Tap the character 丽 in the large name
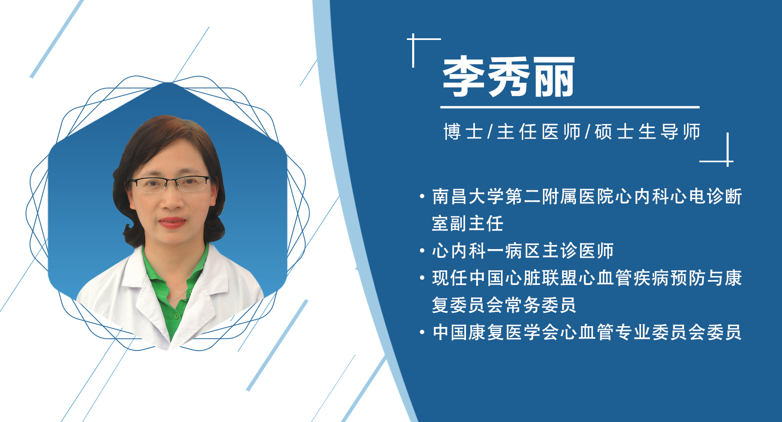click(x=554, y=77)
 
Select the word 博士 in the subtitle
click(x=463, y=132)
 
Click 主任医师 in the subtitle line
click(x=538, y=132)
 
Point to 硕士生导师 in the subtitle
click(x=647, y=132)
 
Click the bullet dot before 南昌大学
click(x=422, y=197)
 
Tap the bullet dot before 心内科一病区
click(x=422, y=251)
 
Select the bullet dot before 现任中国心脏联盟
click(x=422, y=278)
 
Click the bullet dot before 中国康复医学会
click(x=422, y=332)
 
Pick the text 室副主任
click(x=468, y=223)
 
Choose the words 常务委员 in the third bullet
click(x=540, y=305)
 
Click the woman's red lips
click(x=172, y=222)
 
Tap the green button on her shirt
click(x=176, y=316)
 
